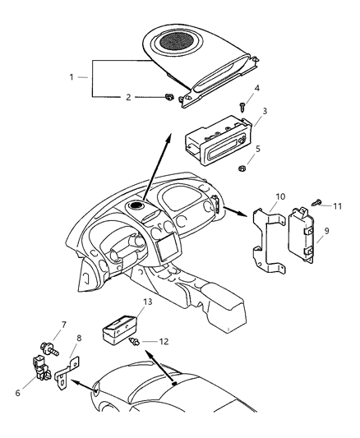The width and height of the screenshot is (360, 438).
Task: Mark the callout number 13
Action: [147, 302]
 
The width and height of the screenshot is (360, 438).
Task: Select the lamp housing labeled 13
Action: [117, 330]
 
